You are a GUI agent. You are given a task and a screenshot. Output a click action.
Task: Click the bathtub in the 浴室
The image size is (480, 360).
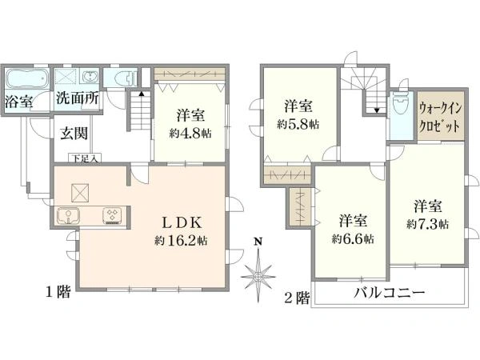(27, 82)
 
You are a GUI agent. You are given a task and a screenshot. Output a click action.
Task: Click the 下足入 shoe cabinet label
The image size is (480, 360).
(84, 158)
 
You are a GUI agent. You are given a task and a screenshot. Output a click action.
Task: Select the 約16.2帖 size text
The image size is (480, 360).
(183, 240)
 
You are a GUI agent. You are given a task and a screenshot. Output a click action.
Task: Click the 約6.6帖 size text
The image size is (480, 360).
(353, 238)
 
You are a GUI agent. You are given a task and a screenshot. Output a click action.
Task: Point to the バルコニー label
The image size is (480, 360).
(390, 294)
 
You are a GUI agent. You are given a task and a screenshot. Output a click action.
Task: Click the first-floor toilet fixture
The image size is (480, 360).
(122, 78)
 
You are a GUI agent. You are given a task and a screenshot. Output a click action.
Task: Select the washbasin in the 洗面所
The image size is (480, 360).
(90, 78)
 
